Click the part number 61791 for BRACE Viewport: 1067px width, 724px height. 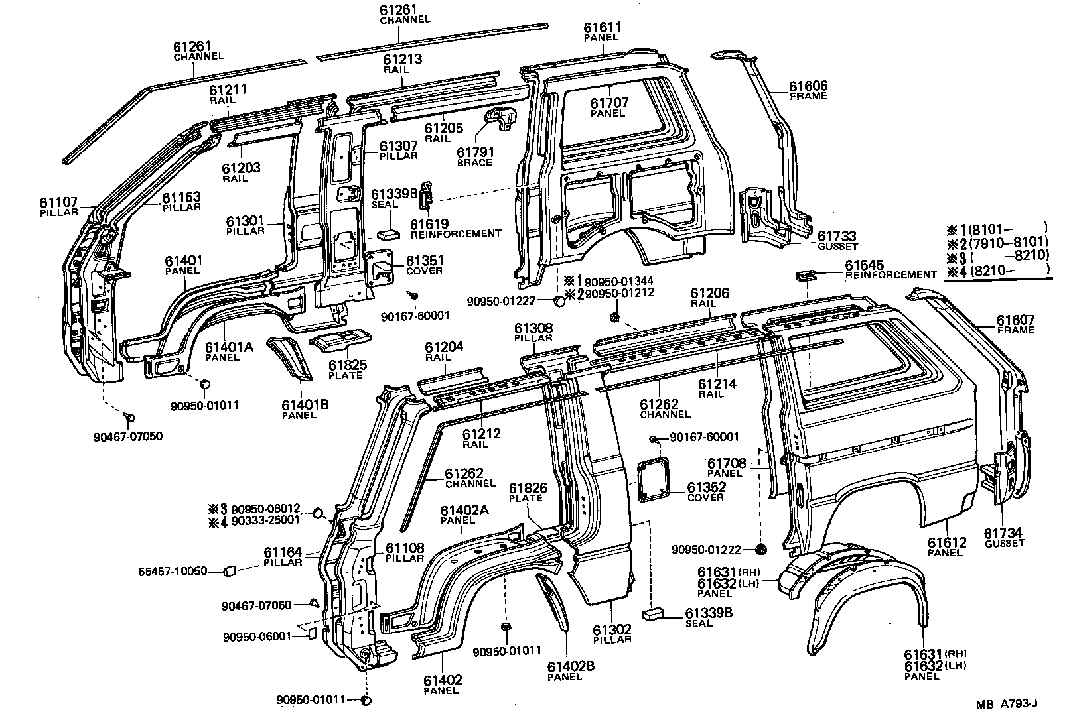475,152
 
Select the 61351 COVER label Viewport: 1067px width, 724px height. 425,265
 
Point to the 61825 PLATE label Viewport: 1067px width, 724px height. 345,369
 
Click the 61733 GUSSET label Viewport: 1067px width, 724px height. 836,241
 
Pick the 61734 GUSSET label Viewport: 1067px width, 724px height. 1003,537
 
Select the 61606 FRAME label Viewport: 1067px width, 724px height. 808,91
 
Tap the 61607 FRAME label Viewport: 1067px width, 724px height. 1015,325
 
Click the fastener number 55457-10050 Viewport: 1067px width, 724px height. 173,571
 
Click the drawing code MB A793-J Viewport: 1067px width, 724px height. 1007,705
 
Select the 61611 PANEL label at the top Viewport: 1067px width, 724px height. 603,32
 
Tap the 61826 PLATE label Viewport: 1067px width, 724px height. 528,493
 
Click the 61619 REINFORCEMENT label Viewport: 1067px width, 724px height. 456,229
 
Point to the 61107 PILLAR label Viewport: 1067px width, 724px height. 58,206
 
